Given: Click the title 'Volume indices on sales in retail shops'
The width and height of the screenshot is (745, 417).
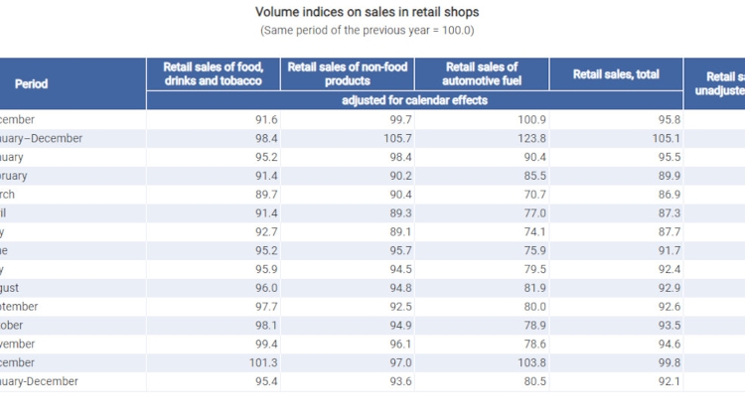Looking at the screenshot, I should (x=368, y=12).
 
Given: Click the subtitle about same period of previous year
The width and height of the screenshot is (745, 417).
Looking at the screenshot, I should (x=368, y=31).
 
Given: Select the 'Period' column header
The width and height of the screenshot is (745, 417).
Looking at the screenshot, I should (x=30, y=84).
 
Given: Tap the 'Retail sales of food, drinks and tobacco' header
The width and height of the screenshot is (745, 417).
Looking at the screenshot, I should (x=213, y=74).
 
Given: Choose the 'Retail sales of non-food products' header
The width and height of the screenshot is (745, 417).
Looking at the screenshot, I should (x=347, y=74).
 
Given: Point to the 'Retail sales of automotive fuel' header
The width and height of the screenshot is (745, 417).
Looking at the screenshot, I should (x=482, y=74).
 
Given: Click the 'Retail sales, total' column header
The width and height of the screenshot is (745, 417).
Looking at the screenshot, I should (x=616, y=74).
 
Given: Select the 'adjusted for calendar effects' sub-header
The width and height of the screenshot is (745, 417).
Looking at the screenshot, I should (x=414, y=100).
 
